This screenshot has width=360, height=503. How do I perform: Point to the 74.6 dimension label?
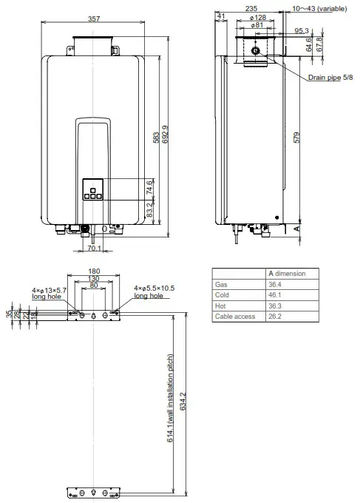pos(151,186)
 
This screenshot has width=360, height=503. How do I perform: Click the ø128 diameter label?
pos(258,17)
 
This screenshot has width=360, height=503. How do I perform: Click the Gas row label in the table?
pos(221,284)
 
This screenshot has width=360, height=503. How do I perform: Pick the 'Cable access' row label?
pos(235,316)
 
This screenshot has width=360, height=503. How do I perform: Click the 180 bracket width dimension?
pos(94,271)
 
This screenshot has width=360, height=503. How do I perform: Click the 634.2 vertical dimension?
pos(183,404)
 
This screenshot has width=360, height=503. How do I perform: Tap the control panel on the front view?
pos(93,190)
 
